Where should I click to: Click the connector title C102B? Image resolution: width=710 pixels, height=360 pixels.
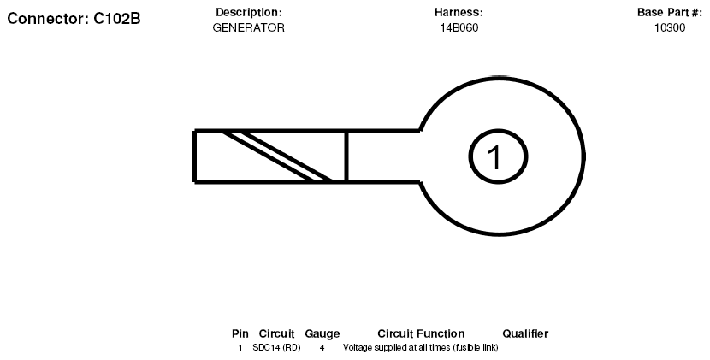117,19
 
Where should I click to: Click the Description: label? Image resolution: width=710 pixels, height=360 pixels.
249,12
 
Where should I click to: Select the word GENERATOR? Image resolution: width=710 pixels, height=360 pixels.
249,27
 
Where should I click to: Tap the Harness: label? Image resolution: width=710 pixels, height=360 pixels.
459,12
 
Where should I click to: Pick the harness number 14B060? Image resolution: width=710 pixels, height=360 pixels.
459,27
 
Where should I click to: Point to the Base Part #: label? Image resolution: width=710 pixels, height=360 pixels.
670,12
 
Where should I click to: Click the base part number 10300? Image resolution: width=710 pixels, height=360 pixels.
670,27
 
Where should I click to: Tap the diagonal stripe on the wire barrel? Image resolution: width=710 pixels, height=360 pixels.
277,156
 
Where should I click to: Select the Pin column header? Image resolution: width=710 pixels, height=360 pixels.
240,333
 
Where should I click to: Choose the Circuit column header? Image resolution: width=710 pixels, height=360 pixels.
276,333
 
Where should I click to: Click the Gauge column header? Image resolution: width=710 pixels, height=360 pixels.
322,333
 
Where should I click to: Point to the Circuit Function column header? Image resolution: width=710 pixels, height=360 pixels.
421,333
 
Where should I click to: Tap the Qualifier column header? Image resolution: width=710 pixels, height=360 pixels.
525,333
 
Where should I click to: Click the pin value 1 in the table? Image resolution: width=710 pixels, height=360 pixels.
240,348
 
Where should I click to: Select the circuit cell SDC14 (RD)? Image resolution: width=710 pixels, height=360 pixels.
276,348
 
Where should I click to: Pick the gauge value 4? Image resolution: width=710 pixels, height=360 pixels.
322,348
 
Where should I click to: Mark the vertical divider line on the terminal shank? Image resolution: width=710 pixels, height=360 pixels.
346,156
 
